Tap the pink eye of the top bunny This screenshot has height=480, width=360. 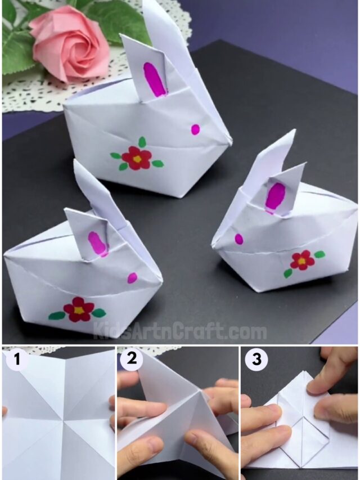(195, 129)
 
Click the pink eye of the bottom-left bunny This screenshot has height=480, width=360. (132, 277)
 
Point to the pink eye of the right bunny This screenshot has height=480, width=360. (239, 239)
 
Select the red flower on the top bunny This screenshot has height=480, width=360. (137, 158)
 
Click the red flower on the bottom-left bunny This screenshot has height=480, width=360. (78, 309)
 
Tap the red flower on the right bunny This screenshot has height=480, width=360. (303, 261)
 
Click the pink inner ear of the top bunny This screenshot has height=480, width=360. (155, 79)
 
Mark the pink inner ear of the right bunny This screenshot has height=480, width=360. (276, 196)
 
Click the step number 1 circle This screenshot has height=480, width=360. (17, 359)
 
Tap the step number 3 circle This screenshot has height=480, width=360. (256, 359)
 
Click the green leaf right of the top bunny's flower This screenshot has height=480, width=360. (157, 164)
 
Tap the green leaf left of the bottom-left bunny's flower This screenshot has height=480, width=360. (56, 316)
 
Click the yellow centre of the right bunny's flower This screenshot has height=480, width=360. (303, 261)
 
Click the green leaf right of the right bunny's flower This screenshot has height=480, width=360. (319, 254)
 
